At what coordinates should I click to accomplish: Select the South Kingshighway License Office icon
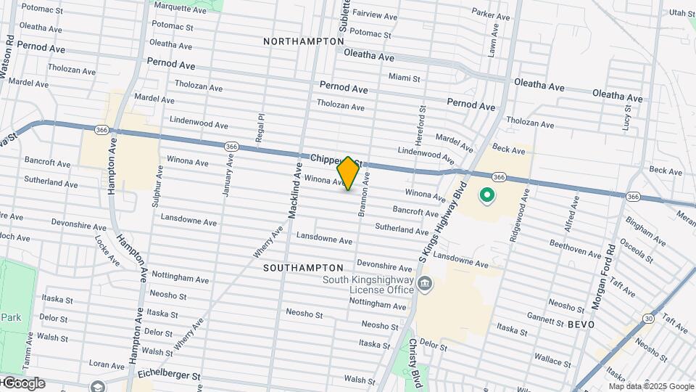click(x=426, y=283)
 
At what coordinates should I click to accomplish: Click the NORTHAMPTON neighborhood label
click(x=304, y=41)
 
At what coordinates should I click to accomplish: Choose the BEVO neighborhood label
click(x=581, y=324)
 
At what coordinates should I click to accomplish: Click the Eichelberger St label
click(x=168, y=375)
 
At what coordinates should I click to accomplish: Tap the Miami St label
click(x=405, y=76)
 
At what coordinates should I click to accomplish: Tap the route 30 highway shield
click(x=647, y=319)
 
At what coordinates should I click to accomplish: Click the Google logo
click(x=23, y=383)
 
